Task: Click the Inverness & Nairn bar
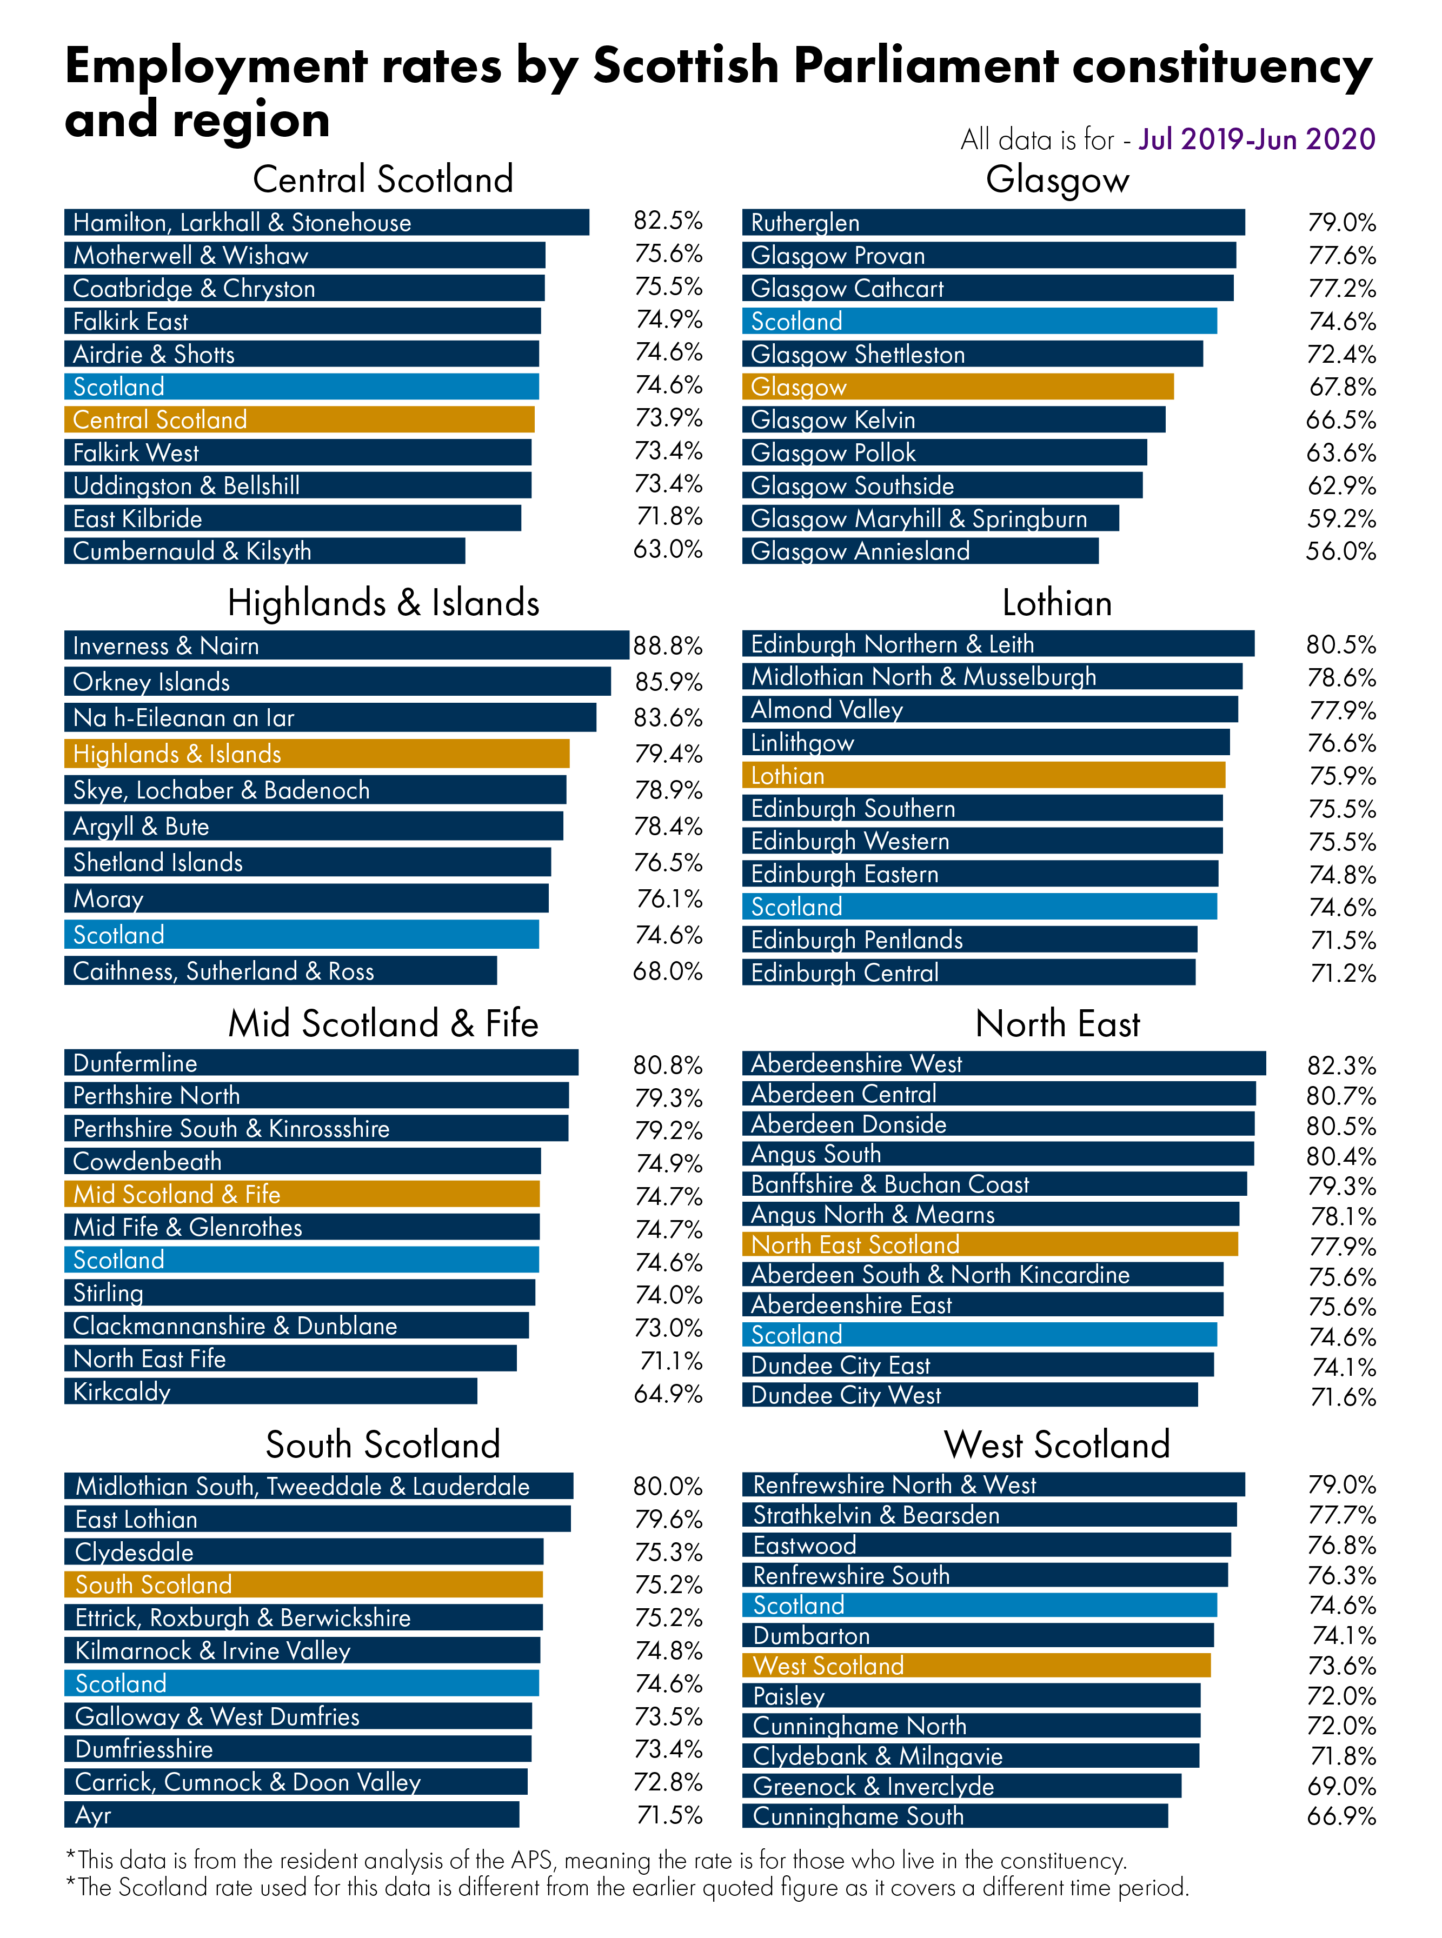347,645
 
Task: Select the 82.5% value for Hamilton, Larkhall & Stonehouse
668,220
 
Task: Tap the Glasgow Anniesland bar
920,551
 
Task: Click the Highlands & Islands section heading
383,603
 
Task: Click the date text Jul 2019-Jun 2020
1257,139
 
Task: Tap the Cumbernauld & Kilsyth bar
264,551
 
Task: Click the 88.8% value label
668,645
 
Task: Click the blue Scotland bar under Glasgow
979,321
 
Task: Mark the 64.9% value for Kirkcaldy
668,1394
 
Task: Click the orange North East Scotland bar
990,1244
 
